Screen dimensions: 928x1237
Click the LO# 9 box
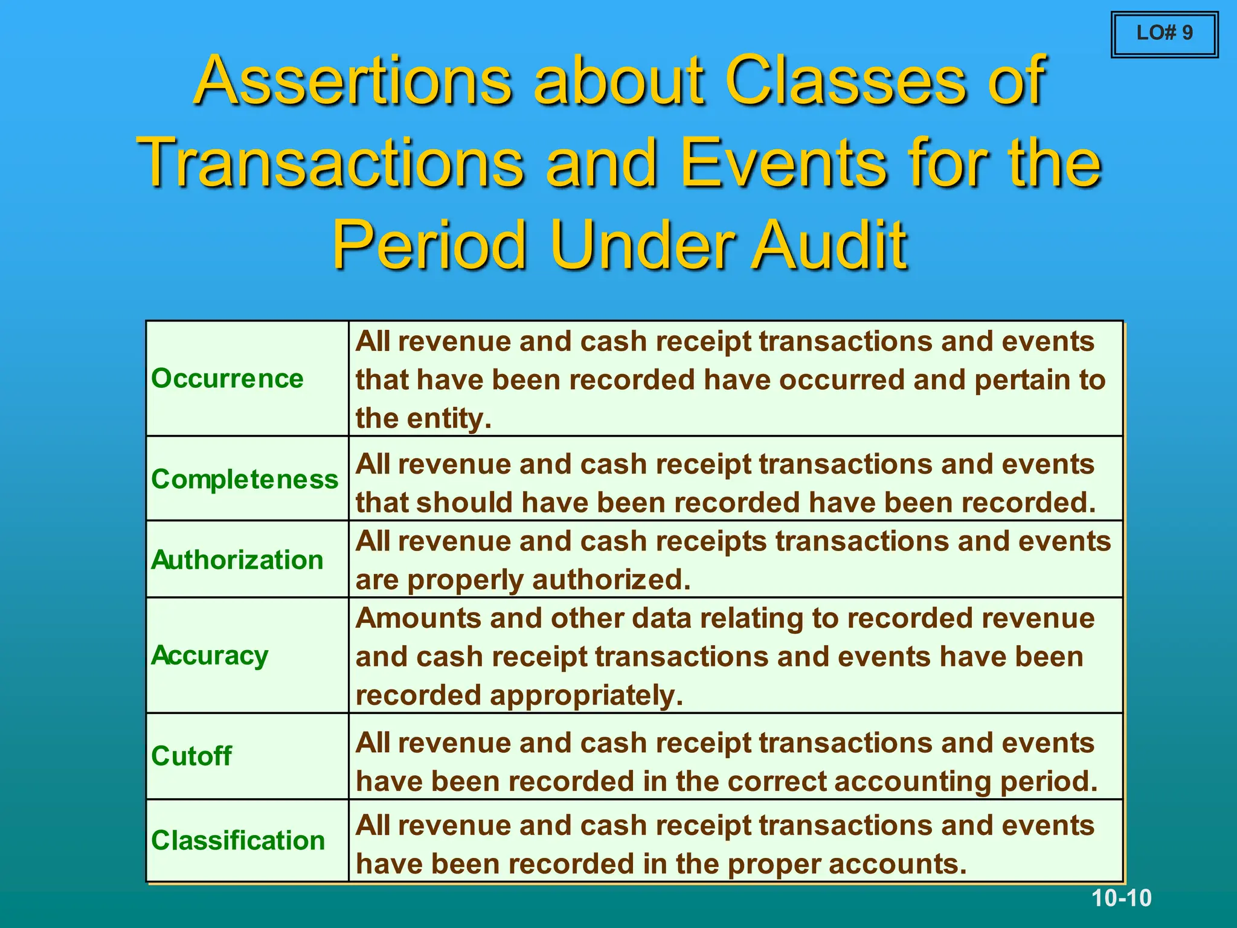tap(1164, 34)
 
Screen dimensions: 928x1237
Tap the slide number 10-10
tap(1121, 898)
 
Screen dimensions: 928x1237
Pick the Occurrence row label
tap(227, 379)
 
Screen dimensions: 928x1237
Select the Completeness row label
tap(245, 479)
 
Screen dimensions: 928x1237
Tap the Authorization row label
tap(237, 560)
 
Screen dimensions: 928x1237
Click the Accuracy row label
tap(210, 656)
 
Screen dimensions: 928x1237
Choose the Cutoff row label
tap(191, 756)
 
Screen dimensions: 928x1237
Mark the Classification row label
tap(238, 840)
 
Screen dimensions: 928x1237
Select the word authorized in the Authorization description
tap(610, 580)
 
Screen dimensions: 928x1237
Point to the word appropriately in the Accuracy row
tap(586, 696)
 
